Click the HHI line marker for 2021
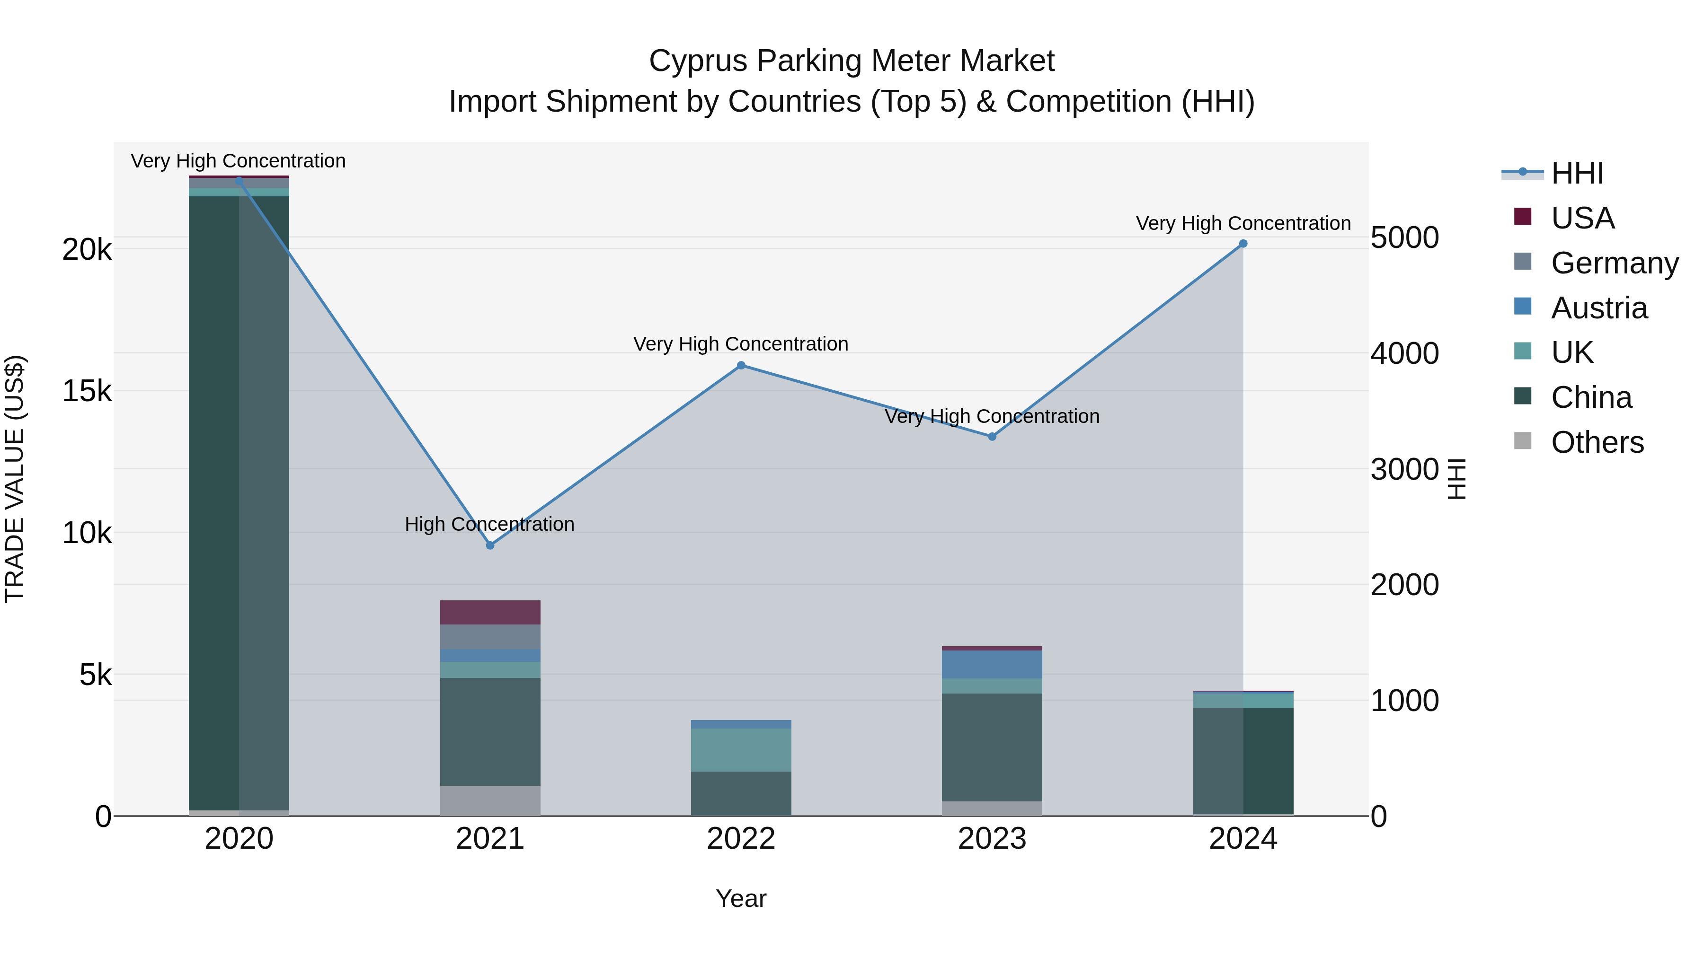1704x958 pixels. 490,545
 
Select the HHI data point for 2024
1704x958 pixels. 1243,244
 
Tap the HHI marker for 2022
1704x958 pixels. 741,366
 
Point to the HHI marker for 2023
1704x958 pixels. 992,436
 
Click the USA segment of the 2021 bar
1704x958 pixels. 490,612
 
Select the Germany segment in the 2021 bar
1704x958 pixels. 490,637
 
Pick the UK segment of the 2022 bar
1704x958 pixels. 741,750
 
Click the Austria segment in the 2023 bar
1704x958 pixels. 992,665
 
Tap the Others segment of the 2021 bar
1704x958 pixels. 490,800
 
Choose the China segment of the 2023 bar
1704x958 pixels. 992,747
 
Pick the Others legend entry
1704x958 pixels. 1597,442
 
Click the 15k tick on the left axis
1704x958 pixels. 87,391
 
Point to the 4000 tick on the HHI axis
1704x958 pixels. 1404,353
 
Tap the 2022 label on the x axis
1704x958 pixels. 741,839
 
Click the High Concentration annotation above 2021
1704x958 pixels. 489,524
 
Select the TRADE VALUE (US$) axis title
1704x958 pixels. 15,479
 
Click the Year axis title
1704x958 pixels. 741,898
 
